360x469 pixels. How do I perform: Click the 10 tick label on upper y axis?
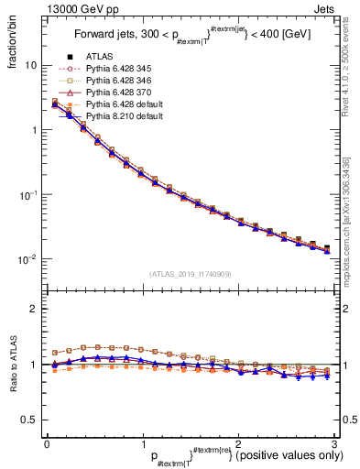pyautogui.click(x=31, y=66)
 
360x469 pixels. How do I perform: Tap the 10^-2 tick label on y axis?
pyautogui.click(x=29, y=260)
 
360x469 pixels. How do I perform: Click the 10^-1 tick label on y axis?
pyautogui.click(x=29, y=195)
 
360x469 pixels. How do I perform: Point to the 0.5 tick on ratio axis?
pyautogui.click(x=30, y=420)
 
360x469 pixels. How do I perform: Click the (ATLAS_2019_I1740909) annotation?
pyautogui.click(x=191, y=274)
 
